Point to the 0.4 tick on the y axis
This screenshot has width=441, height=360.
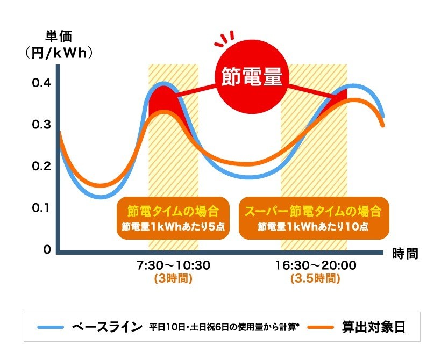[41, 83]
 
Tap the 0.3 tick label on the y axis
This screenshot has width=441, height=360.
[41, 125]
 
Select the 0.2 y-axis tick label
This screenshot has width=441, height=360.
[41, 167]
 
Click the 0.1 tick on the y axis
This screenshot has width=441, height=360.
[41, 208]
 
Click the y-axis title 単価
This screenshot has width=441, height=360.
[57, 37]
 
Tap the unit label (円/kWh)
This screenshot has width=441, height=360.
[59, 53]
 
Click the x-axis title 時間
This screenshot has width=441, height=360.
[405, 253]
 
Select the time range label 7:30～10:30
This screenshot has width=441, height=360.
[173, 265]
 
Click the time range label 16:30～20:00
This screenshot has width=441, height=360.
[315, 265]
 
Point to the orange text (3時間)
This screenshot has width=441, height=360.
[173, 279]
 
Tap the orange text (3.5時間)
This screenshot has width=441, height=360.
[315, 279]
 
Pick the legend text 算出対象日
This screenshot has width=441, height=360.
[374, 327]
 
